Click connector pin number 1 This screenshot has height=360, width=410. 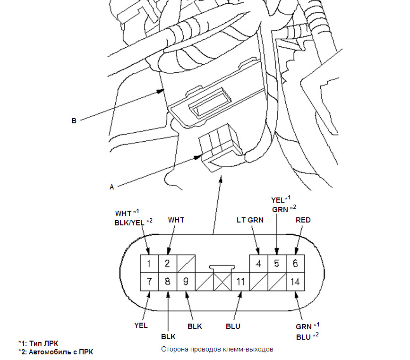click(x=149, y=264)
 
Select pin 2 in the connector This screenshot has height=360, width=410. click(x=167, y=264)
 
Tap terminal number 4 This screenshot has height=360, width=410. click(x=258, y=264)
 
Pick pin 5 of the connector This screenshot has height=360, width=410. click(x=277, y=264)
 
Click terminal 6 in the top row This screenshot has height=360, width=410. click(x=295, y=264)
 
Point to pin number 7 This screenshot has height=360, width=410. click(x=149, y=282)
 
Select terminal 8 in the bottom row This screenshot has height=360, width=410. click(x=167, y=282)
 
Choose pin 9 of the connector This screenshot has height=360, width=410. click(x=186, y=282)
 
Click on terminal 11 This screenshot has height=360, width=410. click(x=240, y=282)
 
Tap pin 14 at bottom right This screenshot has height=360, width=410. click(x=295, y=282)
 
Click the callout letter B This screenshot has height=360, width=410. click(x=74, y=121)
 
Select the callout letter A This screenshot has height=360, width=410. click(x=112, y=187)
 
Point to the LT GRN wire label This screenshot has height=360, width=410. click(x=250, y=220)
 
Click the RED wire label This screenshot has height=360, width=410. click(x=303, y=220)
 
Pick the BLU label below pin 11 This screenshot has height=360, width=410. click(x=232, y=326)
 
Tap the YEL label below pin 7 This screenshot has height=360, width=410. click(x=141, y=325)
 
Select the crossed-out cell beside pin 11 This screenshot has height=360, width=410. click(x=222, y=282)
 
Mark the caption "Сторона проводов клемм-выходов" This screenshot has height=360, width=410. click(x=217, y=350)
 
